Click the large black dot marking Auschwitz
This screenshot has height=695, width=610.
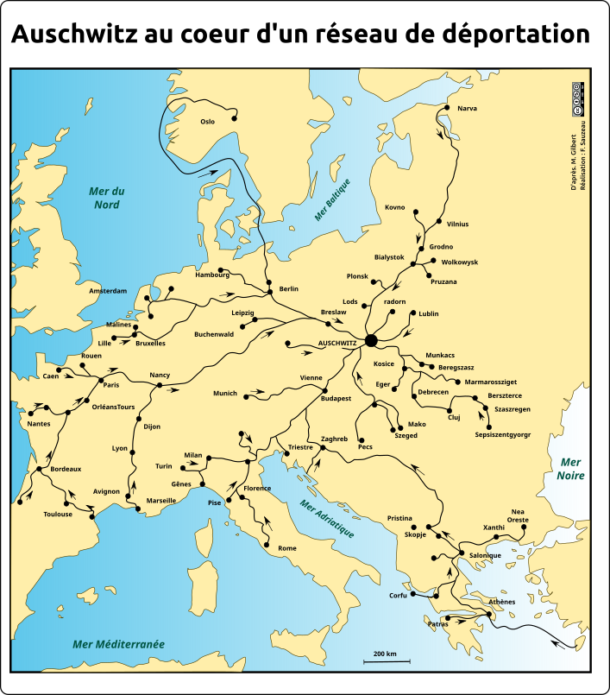point(371,341)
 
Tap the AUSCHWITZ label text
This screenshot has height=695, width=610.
point(338,343)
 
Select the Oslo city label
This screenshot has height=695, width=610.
point(207,122)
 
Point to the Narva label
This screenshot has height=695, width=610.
point(467,109)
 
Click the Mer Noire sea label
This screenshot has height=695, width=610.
point(570,469)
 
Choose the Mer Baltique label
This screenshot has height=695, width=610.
point(332,199)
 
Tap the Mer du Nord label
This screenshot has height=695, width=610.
point(108,198)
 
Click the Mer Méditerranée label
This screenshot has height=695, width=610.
point(118,644)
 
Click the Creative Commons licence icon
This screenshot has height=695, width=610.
point(577,99)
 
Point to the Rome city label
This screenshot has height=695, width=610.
point(287,549)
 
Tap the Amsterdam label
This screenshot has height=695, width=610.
point(108,291)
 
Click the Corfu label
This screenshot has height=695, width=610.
point(398,596)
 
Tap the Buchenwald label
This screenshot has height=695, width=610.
point(214,334)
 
